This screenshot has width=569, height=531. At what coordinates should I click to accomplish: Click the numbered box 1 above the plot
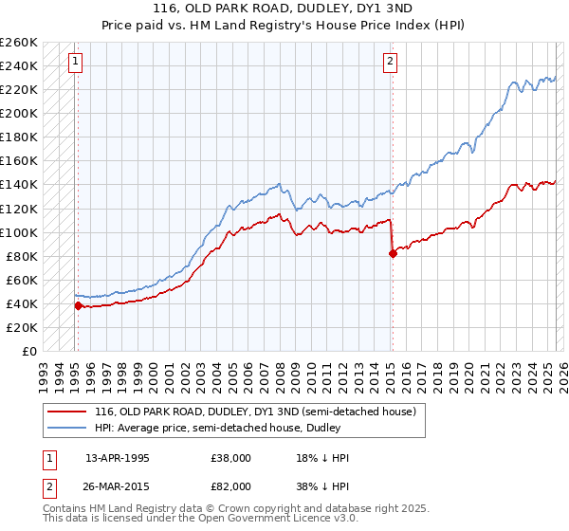pyautogui.click(x=75, y=63)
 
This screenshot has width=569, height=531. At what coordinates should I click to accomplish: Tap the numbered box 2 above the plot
pyautogui.click(x=390, y=63)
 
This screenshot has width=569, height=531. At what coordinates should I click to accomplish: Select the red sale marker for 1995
pyautogui.click(x=78, y=305)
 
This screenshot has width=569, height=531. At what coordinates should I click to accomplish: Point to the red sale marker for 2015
pyautogui.click(x=393, y=253)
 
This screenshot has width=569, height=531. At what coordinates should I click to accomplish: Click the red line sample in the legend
pyautogui.click(x=67, y=412)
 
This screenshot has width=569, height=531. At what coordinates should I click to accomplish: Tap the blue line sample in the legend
pyautogui.click(x=67, y=428)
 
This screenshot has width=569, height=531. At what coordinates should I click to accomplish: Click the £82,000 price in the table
pyautogui.click(x=231, y=485)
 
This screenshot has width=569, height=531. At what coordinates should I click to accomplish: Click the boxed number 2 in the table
pyautogui.click(x=48, y=485)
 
